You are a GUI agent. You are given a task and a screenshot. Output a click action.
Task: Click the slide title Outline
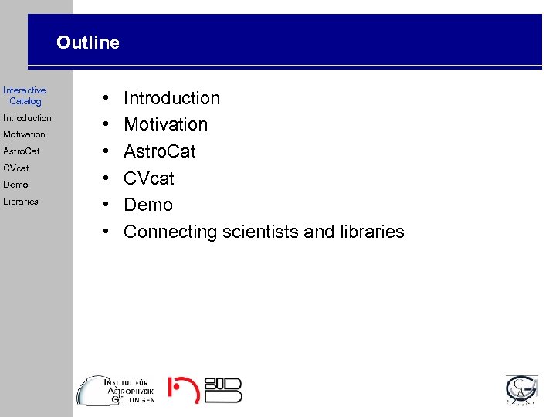pos(88,43)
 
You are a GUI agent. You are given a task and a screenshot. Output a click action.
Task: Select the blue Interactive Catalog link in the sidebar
pos(25,96)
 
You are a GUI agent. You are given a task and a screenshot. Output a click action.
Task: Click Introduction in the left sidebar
pos(27,118)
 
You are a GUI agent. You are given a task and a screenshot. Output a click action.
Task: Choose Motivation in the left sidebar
pos(24,134)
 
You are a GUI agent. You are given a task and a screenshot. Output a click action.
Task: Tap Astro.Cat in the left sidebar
pos(22,151)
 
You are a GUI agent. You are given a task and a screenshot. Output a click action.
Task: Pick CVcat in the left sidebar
pos(16,168)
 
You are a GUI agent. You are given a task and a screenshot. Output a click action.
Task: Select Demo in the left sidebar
pos(15,185)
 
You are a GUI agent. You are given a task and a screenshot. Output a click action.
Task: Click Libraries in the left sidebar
pos(21,202)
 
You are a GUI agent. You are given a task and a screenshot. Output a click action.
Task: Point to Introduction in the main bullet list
pos(171,98)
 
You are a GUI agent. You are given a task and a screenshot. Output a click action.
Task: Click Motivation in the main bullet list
pos(165,124)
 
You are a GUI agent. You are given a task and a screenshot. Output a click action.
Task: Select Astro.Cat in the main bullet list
pos(160,151)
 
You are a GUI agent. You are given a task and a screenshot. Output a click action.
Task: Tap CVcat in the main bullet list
pos(149,178)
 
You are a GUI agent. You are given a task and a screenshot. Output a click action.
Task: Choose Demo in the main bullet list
pos(148,205)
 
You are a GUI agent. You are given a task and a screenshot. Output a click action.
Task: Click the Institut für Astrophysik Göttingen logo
pos(117,390)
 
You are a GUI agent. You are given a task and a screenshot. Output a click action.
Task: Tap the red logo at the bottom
pos(184,390)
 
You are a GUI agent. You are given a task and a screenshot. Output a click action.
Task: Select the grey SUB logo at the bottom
pos(223,390)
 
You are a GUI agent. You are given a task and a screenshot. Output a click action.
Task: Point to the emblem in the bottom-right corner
pos(522,390)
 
